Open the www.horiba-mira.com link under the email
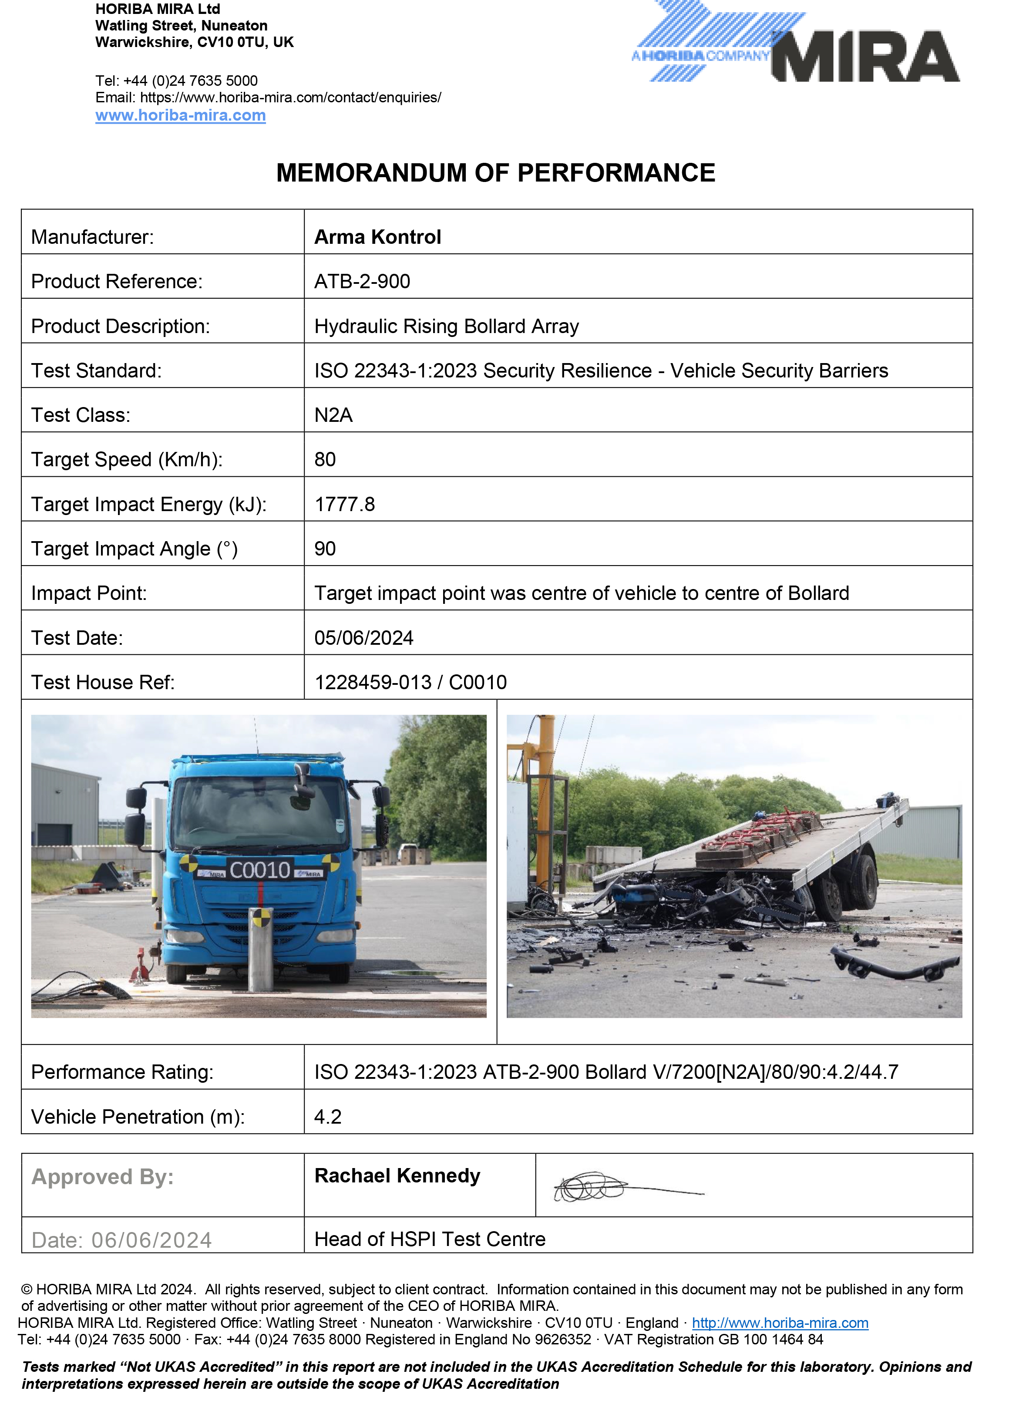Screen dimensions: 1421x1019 [180, 115]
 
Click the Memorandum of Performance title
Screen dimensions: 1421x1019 [495, 173]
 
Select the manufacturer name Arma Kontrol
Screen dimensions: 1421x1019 [378, 237]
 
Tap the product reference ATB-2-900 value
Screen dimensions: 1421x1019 [362, 281]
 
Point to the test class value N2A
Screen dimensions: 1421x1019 [333, 415]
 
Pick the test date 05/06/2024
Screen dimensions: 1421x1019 [364, 638]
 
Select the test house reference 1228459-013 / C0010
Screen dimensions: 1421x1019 [410, 682]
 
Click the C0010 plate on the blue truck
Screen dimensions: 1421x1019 [260, 870]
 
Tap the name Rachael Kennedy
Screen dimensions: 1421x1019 [397, 1175]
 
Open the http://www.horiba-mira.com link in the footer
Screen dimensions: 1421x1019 [780, 1323]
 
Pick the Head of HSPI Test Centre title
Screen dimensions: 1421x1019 [430, 1239]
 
